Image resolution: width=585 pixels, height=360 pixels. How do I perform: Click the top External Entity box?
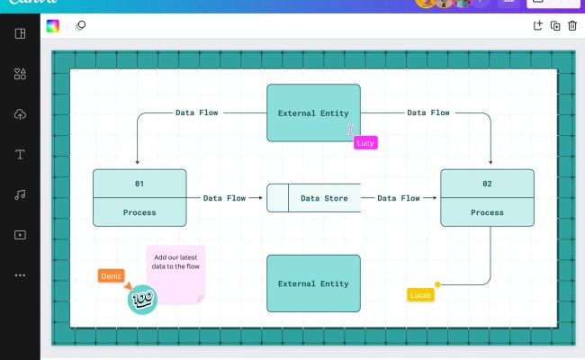[x=313, y=112]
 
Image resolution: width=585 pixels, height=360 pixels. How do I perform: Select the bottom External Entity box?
[x=313, y=283]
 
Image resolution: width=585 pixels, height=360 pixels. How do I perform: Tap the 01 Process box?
[x=139, y=197]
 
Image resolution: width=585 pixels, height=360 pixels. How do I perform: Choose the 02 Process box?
[x=487, y=197]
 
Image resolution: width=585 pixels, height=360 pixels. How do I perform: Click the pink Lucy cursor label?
[x=365, y=142]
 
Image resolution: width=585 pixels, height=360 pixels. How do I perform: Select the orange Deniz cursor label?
[x=111, y=276]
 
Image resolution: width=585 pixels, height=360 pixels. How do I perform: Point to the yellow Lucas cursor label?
[x=420, y=294]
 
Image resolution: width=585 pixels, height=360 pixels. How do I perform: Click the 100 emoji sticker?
[x=142, y=300]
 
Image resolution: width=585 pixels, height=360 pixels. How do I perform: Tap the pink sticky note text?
[x=176, y=262]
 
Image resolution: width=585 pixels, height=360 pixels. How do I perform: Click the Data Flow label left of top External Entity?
[x=196, y=112]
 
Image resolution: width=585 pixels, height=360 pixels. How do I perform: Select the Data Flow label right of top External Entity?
[x=428, y=112]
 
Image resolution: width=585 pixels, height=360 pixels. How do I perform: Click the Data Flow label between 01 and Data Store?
[x=224, y=198]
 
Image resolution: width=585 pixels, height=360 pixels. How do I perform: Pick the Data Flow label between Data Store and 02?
[x=399, y=198]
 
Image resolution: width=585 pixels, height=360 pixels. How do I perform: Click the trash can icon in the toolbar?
[x=571, y=26]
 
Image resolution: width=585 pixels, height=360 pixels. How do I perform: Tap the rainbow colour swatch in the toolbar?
[x=53, y=26]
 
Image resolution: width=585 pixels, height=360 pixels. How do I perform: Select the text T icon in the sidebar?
[x=20, y=154]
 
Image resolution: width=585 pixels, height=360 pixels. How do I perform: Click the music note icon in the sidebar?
[x=20, y=194]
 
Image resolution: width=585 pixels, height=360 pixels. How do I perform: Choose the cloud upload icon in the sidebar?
[x=20, y=114]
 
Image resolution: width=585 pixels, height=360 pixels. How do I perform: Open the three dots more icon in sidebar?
[x=20, y=275]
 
